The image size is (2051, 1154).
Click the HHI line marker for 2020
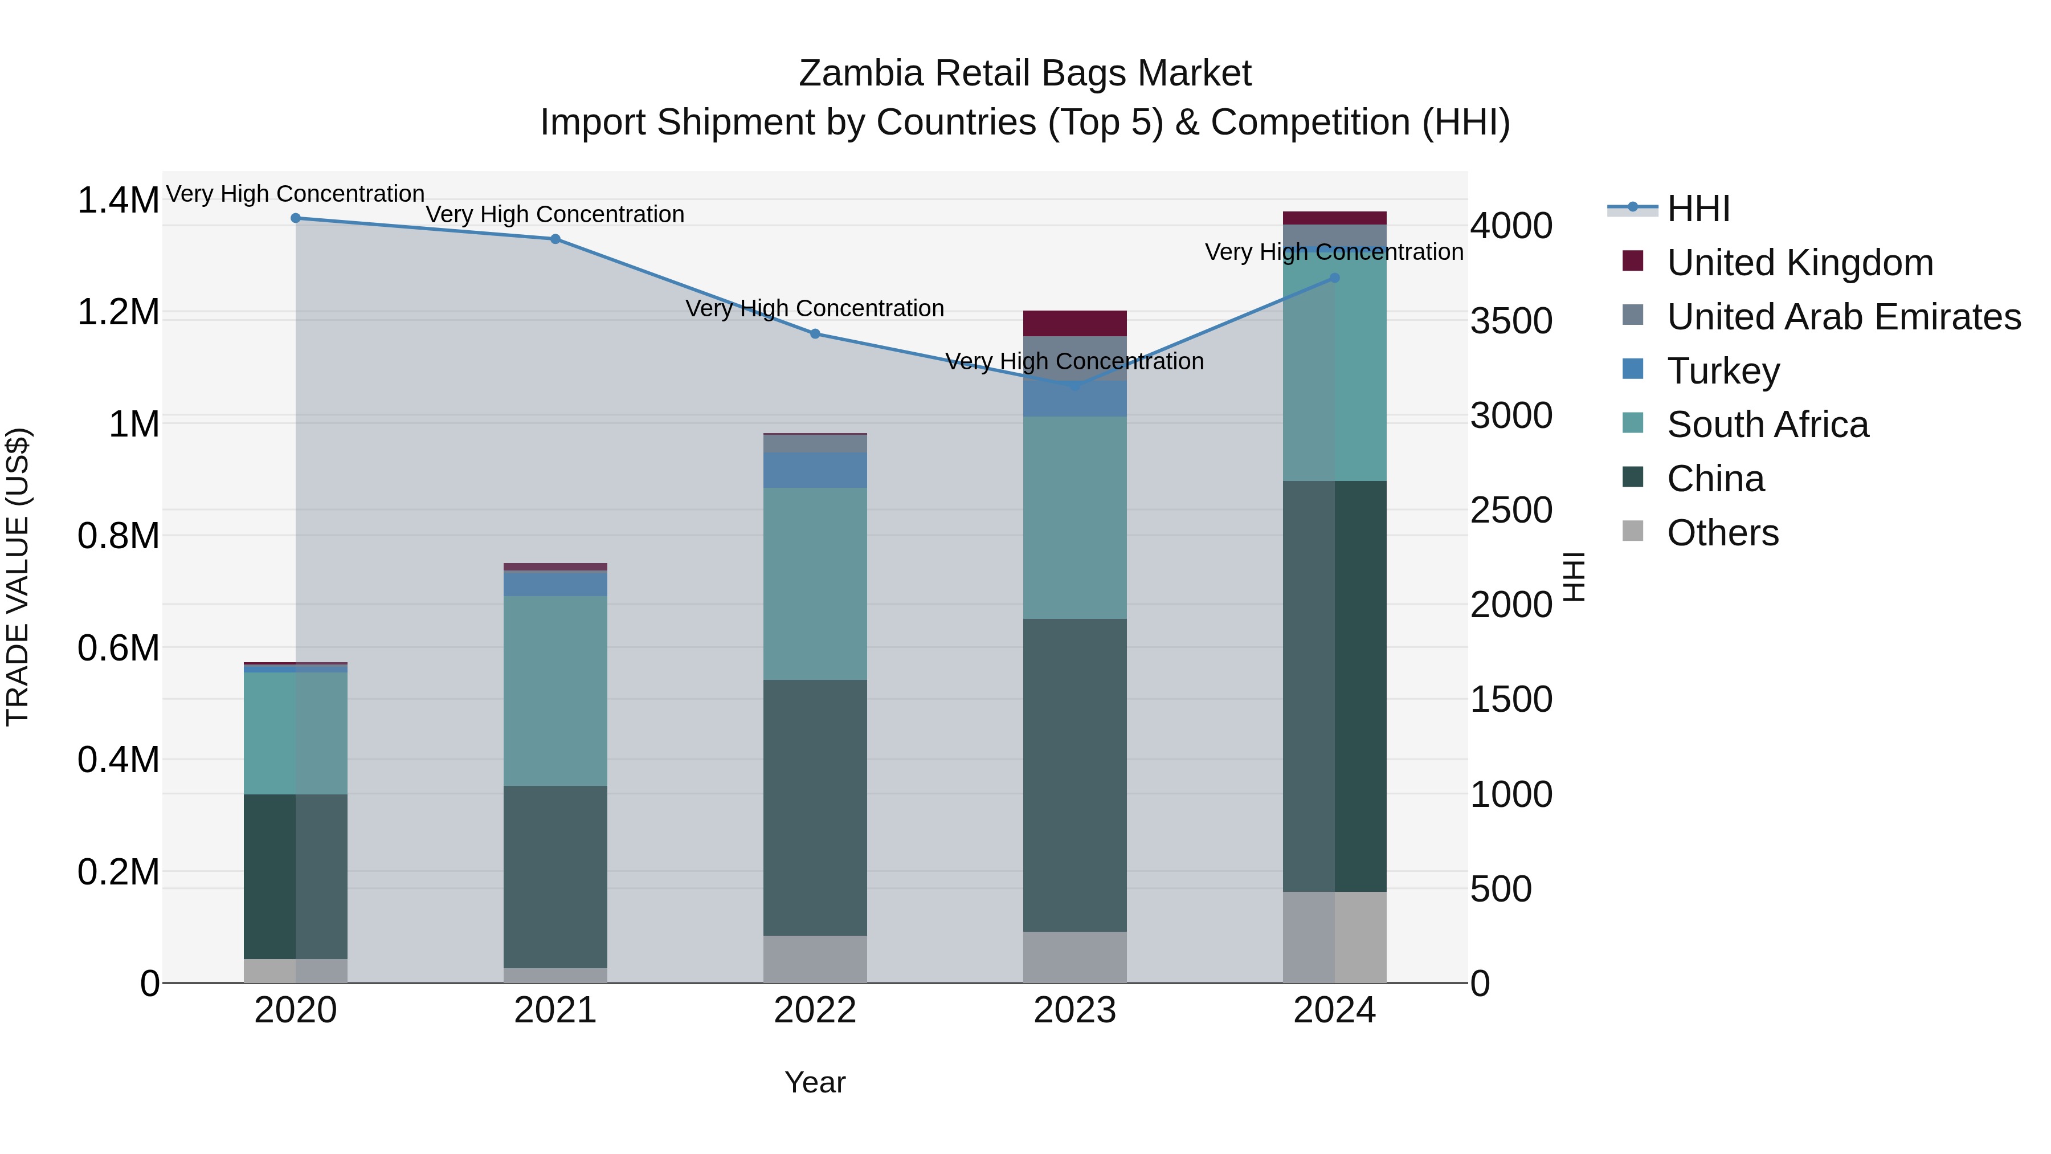(295, 218)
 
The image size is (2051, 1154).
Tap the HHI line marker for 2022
(815, 334)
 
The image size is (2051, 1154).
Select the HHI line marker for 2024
(1334, 278)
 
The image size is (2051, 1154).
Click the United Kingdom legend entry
(1799, 263)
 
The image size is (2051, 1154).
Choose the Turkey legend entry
(1723, 371)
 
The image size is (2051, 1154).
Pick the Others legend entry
(1722, 533)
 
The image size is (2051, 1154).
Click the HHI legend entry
(1698, 209)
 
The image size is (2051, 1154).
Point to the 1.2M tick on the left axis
(118, 312)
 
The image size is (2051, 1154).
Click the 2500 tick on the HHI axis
(1510, 511)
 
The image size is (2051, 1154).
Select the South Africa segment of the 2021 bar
(555, 691)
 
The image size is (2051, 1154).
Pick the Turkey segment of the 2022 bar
(815, 470)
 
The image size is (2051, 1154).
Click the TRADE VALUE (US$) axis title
(18, 577)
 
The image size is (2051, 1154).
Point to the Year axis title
(815, 1082)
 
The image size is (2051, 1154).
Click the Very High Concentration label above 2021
(555, 214)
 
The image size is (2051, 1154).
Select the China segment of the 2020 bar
(295, 876)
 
